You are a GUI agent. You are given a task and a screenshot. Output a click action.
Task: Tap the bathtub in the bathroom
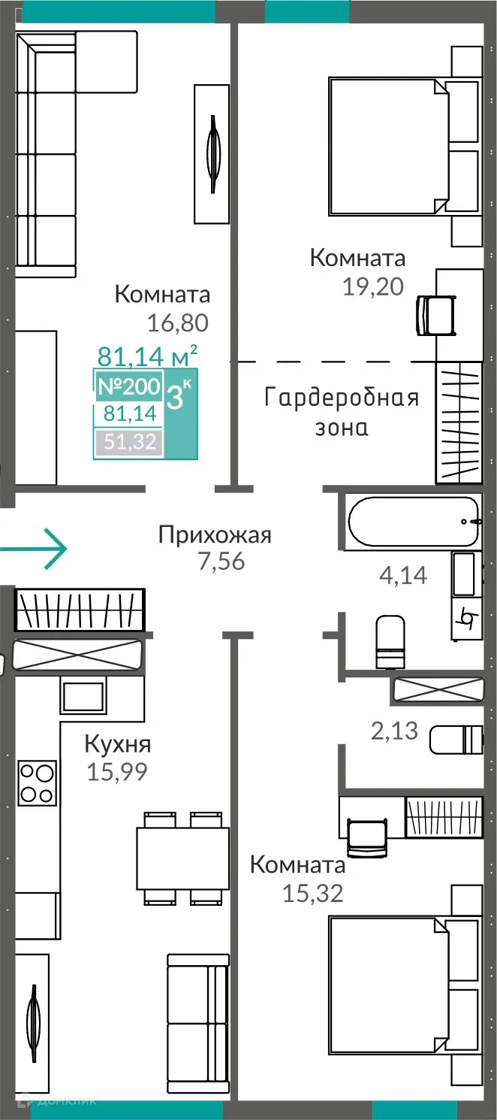(412, 521)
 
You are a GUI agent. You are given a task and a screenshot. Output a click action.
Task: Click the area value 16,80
(177, 322)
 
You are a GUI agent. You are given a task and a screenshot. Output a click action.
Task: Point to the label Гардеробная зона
(342, 412)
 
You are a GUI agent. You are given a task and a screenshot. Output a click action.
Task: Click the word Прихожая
(215, 535)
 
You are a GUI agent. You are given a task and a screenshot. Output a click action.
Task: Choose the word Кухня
(117, 744)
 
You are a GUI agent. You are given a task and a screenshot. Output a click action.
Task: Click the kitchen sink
(82, 696)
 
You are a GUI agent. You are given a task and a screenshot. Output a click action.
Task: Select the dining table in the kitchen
(182, 858)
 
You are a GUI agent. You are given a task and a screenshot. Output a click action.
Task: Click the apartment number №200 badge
(128, 387)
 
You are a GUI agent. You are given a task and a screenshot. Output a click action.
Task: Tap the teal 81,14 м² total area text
(148, 353)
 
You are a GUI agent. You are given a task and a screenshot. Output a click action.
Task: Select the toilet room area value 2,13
(394, 729)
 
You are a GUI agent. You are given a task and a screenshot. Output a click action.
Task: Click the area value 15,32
(312, 893)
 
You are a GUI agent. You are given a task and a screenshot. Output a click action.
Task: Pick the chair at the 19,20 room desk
(436, 314)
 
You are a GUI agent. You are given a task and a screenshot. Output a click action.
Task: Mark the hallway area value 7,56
(221, 561)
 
